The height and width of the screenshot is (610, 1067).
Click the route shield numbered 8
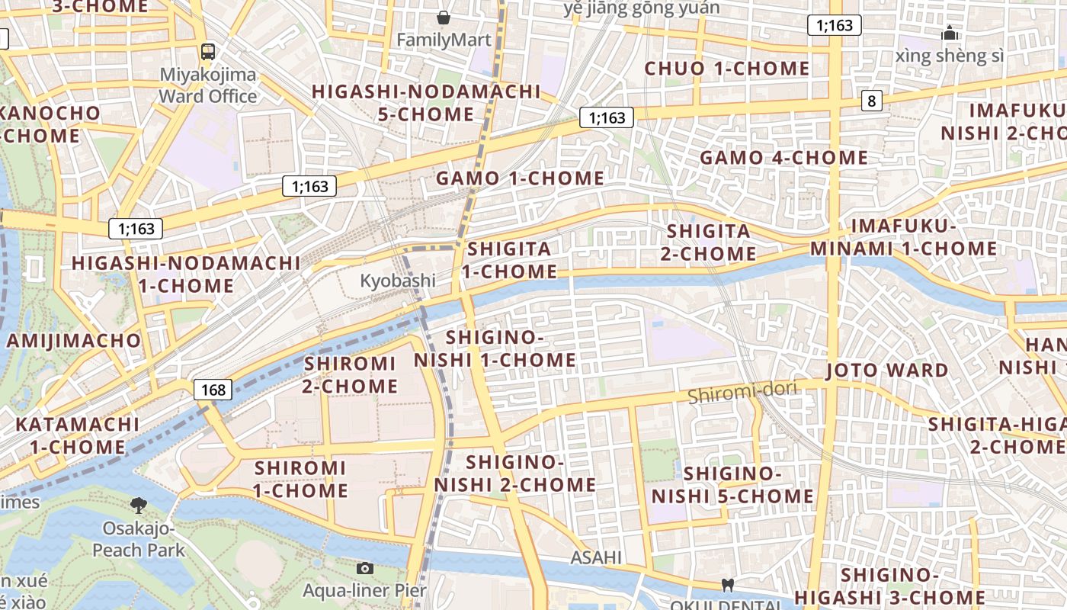pos(873,101)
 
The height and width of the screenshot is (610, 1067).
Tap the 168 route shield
pos(213,390)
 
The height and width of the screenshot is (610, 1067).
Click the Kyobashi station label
pos(398,281)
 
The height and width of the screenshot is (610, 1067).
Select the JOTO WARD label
pos(888,371)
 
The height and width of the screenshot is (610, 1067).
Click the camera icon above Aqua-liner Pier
pos(365,568)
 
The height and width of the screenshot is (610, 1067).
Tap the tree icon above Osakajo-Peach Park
pos(138,504)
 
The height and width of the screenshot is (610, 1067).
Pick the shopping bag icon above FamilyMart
pos(444,17)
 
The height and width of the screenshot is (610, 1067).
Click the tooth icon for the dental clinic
pos(727,585)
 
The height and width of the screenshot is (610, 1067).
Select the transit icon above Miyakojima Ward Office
pos(207,52)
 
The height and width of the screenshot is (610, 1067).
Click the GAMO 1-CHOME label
pos(520,178)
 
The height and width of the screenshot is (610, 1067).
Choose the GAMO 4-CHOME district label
pos(783,158)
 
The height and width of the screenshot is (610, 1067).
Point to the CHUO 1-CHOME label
pos(726,69)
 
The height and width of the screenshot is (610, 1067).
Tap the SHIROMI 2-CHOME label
pos(350,374)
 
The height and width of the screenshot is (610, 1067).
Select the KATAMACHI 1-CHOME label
pos(78,435)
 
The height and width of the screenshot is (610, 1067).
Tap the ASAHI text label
pos(596,557)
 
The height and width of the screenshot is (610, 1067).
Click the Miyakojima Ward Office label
pos(208,86)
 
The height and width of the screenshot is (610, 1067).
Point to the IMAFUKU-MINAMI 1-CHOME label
pos(903,237)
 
